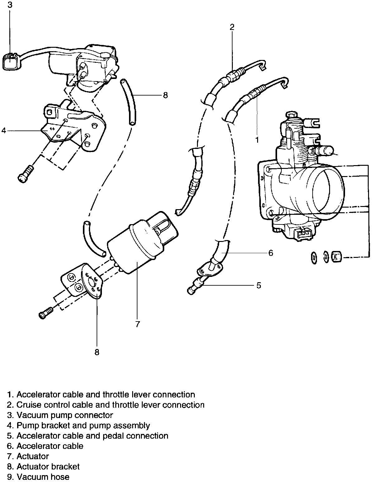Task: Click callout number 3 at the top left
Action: tap(10, 5)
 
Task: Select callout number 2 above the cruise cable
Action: tap(232, 27)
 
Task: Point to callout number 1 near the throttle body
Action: tap(257, 140)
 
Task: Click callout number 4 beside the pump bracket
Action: tap(4, 130)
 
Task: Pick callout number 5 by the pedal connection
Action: tap(259, 285)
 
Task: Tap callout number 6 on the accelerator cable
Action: tap(270, 253)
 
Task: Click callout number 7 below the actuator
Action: tap(137, 324)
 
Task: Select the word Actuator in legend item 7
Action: tap(32, 456)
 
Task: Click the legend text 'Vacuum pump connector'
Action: tap(65, 415)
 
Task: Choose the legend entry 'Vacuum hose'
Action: tap(43, 477)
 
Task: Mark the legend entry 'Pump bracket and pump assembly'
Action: tap(83, 425)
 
